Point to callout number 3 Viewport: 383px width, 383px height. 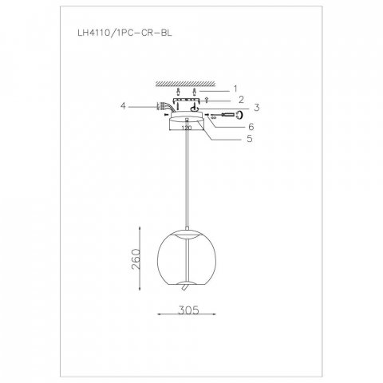click(x=258, y=108)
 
